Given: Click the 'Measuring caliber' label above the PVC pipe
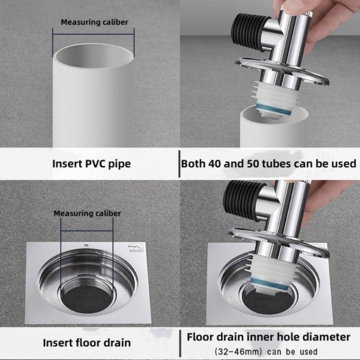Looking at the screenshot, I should coord(94,22).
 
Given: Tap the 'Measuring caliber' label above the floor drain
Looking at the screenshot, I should coord(87,213).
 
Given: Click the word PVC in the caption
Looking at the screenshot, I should coord(96,164).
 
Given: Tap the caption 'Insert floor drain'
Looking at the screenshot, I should coord(87,342).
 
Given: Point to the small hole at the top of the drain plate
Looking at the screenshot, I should coord(87,246).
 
